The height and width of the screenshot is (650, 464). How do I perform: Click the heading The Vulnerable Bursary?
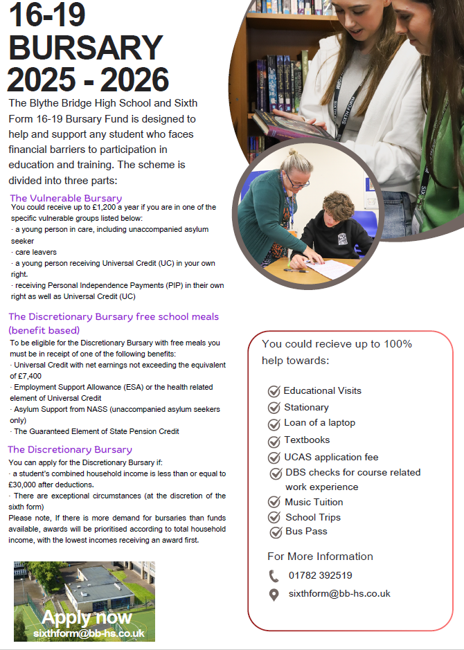click(66, 198)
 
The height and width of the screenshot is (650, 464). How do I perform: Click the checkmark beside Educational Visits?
click(274, 391)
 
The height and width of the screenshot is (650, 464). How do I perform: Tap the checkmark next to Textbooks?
click(274, 440)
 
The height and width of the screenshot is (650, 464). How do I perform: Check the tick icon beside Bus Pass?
click(276, 532)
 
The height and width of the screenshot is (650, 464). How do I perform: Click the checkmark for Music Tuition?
click(274, 503)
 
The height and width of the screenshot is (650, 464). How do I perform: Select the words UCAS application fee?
click(331, 457)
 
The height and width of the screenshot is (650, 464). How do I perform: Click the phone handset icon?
click(274, 575)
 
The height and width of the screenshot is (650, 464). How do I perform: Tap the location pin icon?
click(274, 594)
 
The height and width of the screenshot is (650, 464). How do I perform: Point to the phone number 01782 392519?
click(320, 575)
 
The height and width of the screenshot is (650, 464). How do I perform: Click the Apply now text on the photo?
click(87, 617)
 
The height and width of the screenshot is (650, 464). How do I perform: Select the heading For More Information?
click(320, 557)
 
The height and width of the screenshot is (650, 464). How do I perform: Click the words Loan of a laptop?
click(319, 423)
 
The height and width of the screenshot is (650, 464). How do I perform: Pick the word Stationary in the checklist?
click(306, 407)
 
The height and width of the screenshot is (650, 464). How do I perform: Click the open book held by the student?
click(291, 125)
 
